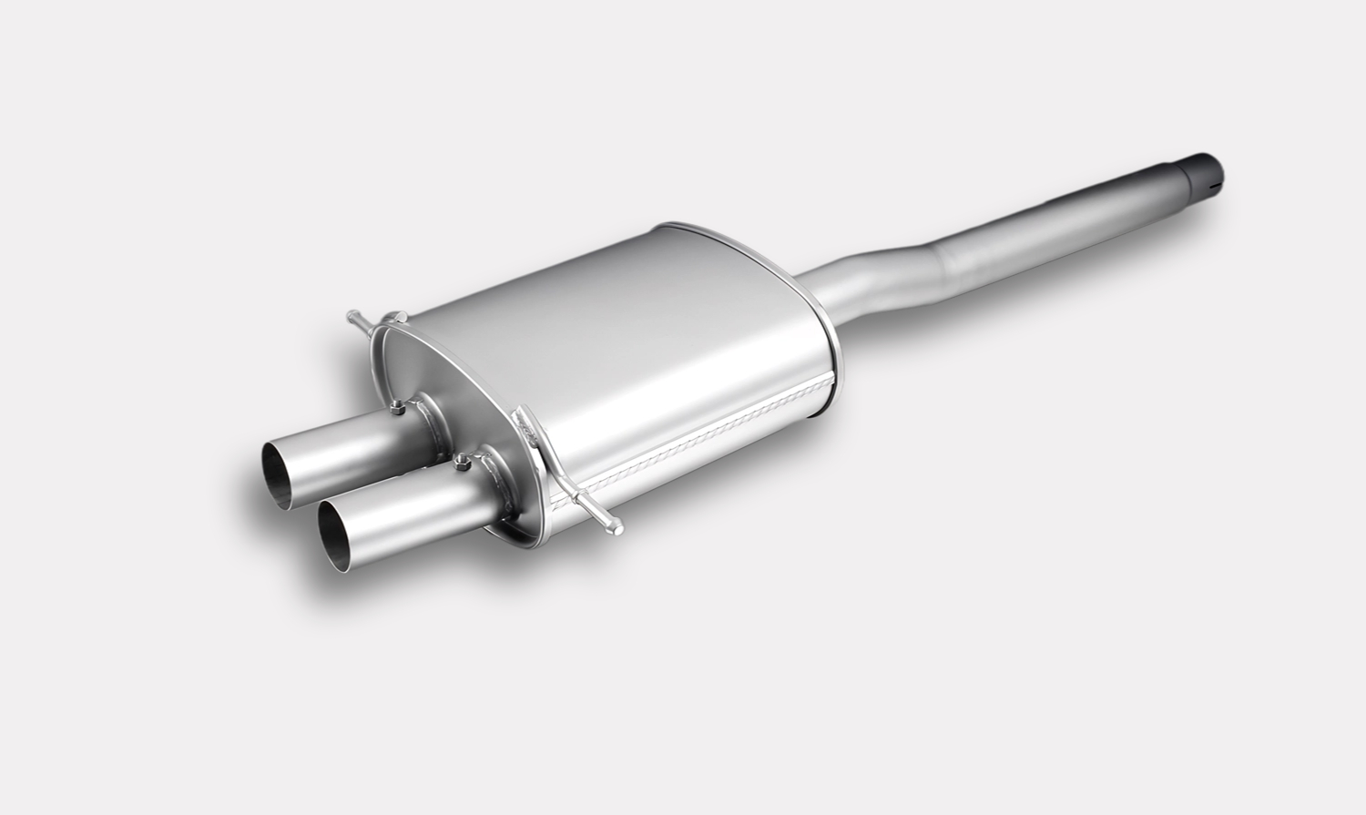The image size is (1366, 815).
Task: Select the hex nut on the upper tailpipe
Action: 398,408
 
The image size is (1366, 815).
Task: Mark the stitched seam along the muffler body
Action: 692,437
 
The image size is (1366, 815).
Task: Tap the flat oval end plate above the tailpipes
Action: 437,364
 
